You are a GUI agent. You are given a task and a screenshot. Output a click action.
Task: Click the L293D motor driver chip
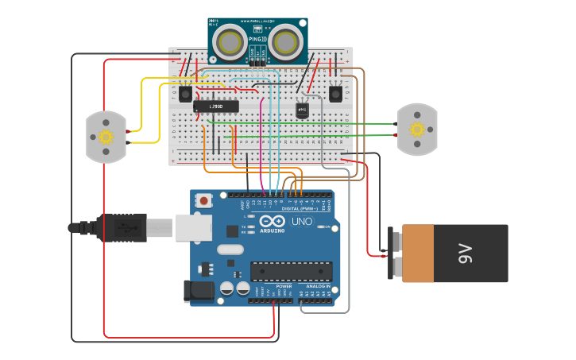215,106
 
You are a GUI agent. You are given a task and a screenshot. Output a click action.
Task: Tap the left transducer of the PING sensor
230,41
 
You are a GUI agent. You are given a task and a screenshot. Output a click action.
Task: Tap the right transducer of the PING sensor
285,41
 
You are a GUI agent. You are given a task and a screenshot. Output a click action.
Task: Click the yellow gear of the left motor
106,136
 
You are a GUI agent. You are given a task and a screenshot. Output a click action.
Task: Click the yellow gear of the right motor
416,130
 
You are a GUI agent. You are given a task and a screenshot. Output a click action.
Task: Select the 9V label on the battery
465,254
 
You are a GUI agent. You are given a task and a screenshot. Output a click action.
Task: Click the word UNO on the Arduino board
302,222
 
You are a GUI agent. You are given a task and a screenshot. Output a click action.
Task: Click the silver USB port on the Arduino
193,227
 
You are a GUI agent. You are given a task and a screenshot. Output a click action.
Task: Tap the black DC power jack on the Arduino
199,291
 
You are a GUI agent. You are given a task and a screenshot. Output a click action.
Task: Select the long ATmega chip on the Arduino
291,271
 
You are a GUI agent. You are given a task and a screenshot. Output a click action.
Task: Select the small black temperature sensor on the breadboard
302,110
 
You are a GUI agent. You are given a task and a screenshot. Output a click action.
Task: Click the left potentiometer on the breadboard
185,94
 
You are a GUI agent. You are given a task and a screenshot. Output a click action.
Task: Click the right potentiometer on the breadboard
335,94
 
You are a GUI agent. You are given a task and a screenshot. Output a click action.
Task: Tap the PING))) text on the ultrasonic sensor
256,38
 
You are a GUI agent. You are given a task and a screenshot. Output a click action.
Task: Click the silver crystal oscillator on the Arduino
230,250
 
